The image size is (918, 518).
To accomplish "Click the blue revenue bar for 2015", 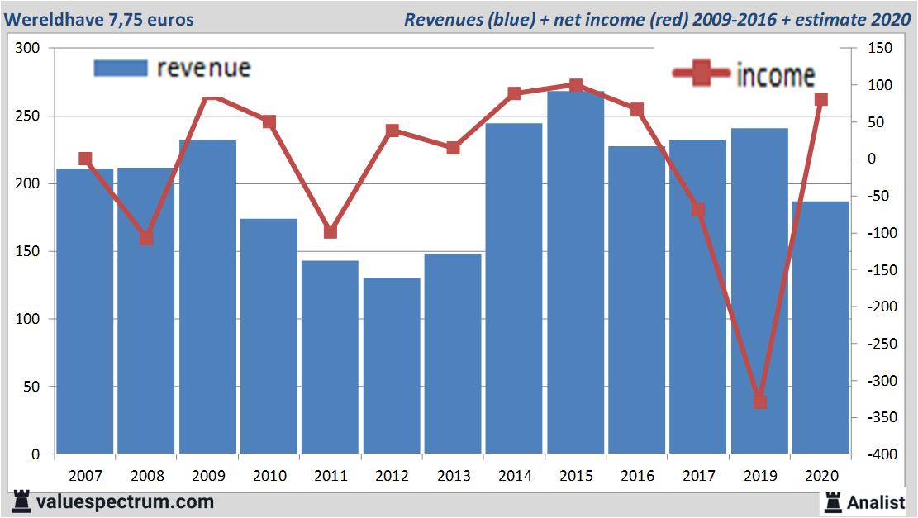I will (575, 273).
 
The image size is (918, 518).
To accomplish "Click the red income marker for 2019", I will (759, 402).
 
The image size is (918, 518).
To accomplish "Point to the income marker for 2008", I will (146, 238).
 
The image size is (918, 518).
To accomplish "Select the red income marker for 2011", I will (331, 232).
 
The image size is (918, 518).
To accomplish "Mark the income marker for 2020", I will (820, 100).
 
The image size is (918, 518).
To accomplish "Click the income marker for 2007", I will (85, 159).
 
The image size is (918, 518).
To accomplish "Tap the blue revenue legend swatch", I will (121, 68).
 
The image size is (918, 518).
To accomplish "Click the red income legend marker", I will (702, 74).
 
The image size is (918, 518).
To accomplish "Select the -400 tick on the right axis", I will (878, 454).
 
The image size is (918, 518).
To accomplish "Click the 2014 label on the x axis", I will (514, 476).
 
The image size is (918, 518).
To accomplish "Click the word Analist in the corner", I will (876, 501).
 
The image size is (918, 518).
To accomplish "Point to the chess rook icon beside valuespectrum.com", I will (21, 501).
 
